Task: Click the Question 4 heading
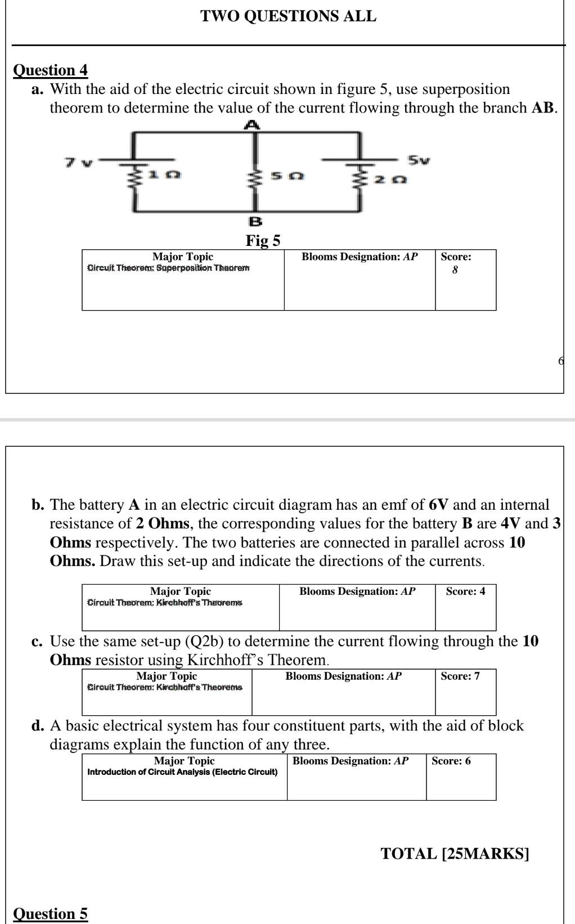(50, 70)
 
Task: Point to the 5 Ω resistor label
(287, 176)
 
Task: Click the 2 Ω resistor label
(391, 180)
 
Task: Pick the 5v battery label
(419, 160)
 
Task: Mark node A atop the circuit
(253, 125)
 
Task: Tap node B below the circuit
(255, 221)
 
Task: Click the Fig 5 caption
(263, 241)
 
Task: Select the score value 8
(455, 270)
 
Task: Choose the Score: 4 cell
(465, 591)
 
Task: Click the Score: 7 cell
(460, 676)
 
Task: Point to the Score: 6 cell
(451, 761)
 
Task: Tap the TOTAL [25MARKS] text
(455, 854)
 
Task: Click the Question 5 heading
(50, 914)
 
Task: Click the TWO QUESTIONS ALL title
(289, 16)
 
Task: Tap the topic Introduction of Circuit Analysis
(182, 772)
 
